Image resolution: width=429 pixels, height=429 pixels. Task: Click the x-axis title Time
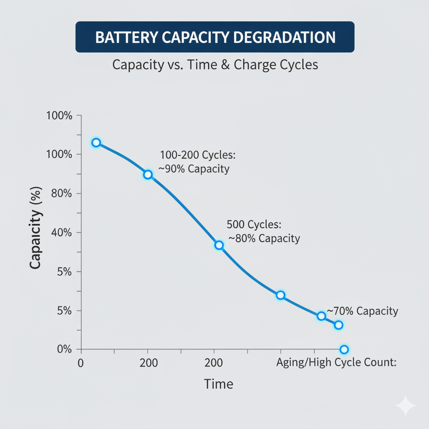click(218, 384)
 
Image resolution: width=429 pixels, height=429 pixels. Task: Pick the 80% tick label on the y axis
click(61, 194)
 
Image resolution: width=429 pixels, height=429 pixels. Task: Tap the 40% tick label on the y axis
click(61, 233)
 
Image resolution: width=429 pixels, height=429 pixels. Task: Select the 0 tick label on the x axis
click(81, 363)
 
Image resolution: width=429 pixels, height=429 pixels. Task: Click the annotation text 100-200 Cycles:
click(198, 155)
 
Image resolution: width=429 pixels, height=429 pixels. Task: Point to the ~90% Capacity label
click(194, 169)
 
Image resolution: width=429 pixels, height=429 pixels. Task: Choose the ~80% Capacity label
click(264, 238)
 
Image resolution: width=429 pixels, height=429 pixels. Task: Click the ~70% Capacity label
click(362, 311)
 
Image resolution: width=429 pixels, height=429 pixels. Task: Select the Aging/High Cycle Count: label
click(336, 363)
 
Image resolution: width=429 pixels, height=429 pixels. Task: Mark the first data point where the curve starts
click(96, 142)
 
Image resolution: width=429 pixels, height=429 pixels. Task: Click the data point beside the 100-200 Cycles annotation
click(147, 174)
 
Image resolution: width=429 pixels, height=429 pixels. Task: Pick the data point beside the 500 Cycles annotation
click(219, 245)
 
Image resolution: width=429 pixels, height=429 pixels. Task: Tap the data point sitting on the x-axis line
click(344, 349)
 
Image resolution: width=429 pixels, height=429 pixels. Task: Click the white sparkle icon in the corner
click(405, 405)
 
